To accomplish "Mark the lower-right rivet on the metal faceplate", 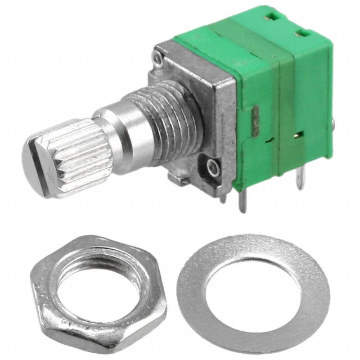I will [x=212, y=166].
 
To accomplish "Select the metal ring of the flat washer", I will [x=194, y=292].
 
